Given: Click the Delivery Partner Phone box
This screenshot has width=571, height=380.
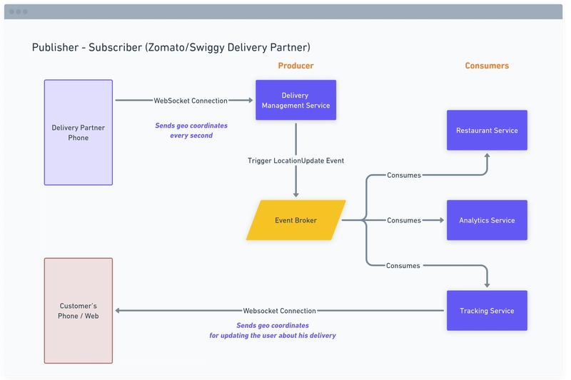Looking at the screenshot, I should coord(79,133).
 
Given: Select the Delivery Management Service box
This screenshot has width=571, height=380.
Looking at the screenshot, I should coord(295,101).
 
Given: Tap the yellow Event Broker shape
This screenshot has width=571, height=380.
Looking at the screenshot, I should coord(295,220).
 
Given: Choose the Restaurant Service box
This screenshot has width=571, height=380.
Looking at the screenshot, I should coord(487,130).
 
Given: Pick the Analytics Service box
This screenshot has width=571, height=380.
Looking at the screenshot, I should coord(487,220).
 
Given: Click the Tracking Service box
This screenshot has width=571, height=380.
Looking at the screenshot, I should coord(487,311).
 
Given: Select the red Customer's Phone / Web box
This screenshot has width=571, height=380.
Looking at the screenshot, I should coord(79,311).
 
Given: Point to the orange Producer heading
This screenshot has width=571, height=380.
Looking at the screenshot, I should coord(295,66).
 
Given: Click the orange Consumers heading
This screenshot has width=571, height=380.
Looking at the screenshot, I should coord(487,66).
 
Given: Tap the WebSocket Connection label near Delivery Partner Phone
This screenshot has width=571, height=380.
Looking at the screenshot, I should coord(191,101).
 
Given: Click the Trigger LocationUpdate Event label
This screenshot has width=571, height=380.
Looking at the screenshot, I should coord(295,160).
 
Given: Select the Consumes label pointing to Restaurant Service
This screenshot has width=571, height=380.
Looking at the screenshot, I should coord(403,175).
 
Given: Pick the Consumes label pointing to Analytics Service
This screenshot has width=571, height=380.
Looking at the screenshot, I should coord(403,220).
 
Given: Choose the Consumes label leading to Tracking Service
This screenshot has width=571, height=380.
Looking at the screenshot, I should coord(403,266).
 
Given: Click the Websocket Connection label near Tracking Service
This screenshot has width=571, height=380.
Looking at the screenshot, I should coord(279,311).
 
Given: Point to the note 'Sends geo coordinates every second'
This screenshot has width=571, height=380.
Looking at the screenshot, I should coord(191,130).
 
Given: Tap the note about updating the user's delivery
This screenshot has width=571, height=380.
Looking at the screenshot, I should coord(272,330).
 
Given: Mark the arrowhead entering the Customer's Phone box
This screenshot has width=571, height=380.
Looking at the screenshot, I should coord(119,311).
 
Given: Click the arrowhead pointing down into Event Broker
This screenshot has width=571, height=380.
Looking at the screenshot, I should coord(295,194).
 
